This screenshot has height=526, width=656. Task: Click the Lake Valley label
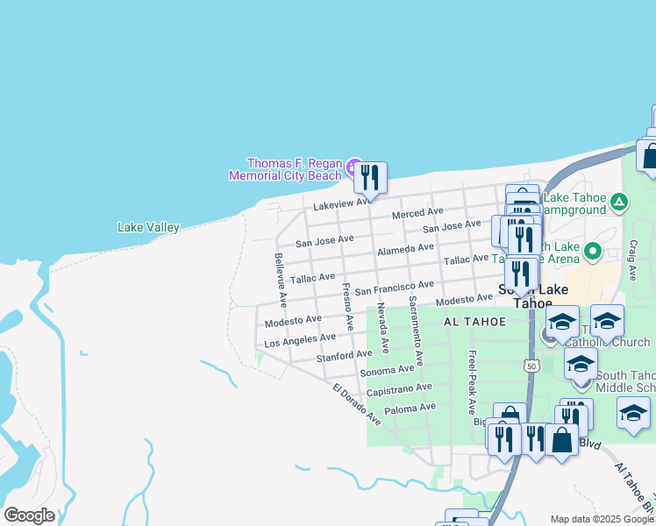148,228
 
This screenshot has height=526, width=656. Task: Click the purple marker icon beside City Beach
353,167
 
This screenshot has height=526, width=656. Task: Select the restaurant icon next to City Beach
370,177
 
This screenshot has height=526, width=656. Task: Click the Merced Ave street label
417,213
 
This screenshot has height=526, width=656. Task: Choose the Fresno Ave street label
347,306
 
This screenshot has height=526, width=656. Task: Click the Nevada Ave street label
382,328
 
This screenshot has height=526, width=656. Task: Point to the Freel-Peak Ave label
472,382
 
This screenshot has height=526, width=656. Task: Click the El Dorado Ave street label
356,404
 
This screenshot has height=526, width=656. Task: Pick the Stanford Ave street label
344,356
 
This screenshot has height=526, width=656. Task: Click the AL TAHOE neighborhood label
474,322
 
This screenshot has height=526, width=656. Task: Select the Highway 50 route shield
531,366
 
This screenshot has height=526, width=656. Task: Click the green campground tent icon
619,203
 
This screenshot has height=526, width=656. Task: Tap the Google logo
29,515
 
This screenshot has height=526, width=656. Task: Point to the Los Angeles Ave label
300,339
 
